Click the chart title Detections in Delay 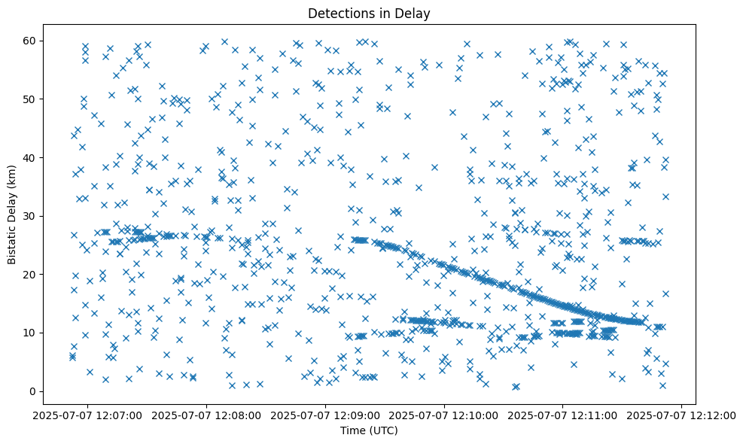click(x=369, y=13)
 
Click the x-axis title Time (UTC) click(x=369, y=431)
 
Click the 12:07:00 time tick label click(x=87, y=415)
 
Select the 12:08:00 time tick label click(x=206, y=415)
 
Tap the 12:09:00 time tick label click(x=325, y=415)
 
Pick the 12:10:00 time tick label click(x=444, y=415)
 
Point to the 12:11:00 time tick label click(x=563, y=415)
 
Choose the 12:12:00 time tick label click(x=682, y=415)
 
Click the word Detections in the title click(x=339, y=13)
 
